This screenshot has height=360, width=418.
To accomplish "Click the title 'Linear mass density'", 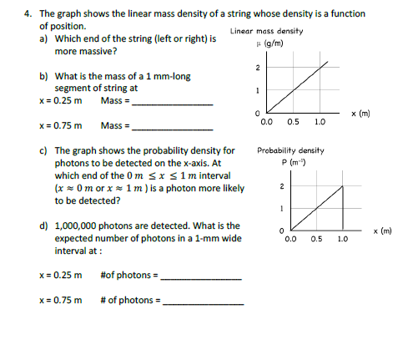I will pos(266,31).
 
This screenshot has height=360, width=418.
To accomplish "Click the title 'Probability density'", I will pos(290,150).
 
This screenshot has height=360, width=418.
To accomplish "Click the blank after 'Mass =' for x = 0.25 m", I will pos(173,103).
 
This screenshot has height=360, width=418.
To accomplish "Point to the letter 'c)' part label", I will pos(43,151).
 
